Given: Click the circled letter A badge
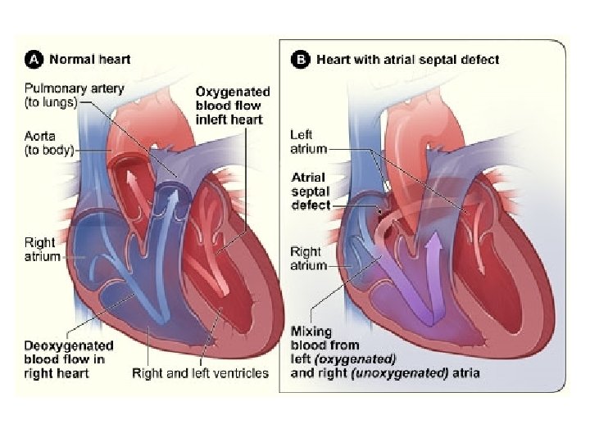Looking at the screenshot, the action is click(x=34, y=59).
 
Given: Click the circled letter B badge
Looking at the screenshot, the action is click(x=301, y=59).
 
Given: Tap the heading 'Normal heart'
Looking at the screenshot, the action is click(x=90, y=59).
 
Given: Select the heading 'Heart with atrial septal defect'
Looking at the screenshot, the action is click(x=407, y=59).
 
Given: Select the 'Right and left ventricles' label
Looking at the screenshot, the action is click(x=200, y=373).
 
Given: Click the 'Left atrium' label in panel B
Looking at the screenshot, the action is click(x=308, y=142).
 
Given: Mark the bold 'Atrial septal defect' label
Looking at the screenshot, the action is click(x=309, y=191).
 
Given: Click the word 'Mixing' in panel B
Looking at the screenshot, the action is click(x=311, y=331).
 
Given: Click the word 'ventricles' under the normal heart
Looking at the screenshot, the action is click(x=241, y=373).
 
